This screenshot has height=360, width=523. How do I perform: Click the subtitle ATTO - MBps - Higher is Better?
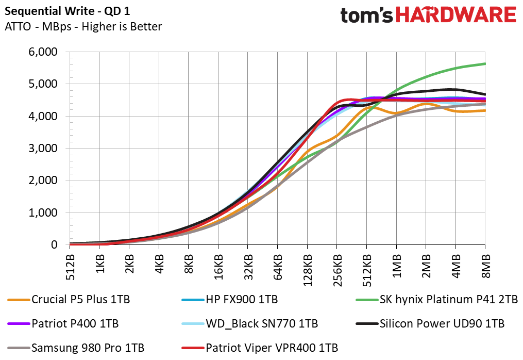pos(83,27)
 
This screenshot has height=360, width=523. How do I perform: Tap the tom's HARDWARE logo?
pos(428,15)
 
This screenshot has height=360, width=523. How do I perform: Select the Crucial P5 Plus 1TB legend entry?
pos(77,299)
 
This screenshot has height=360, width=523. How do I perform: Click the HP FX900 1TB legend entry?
pos(238,299)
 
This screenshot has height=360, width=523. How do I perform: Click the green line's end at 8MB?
pos(485,64)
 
